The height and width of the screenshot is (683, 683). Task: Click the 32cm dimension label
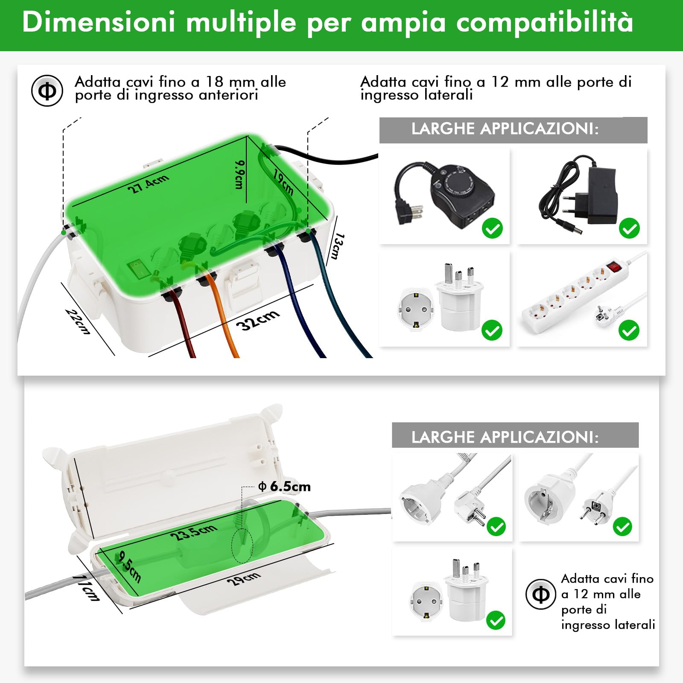tap(258, 320)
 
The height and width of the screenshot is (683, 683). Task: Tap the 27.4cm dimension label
tap(148, 184)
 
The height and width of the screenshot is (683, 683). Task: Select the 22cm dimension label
tap(78, 321)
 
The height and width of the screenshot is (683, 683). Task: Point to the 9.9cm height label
tap(239, 175)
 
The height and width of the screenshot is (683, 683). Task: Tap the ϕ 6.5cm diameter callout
tap(285, 487)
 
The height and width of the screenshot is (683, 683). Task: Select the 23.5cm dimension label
tap(193, 532)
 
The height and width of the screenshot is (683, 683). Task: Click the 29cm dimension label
tap(243, 579)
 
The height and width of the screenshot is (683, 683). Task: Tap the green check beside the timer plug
tap(492, 228)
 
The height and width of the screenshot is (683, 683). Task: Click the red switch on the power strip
tap(614, 267)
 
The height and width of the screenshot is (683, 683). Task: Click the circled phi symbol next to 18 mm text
tap(47, 90)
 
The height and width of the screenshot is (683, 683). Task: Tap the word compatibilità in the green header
tap(545, 22)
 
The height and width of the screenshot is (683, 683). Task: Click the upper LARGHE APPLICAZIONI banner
tap(513, 129)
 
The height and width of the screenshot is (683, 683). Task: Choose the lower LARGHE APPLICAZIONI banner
tap(515, 437)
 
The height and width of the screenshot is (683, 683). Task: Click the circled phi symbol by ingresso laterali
tap(541, 594)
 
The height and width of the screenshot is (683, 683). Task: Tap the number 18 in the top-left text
tap(215, 82)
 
